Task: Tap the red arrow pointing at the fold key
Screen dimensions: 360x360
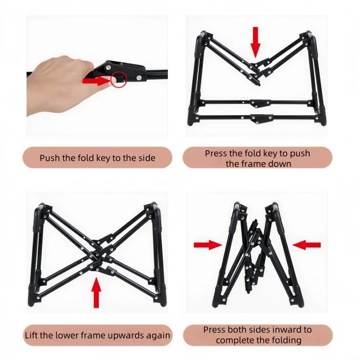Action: point(96,81)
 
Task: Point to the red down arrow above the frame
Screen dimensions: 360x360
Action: point(255,42)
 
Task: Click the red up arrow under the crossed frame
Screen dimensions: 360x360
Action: point(96,292)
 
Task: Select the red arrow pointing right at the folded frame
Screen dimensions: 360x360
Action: point(208,245)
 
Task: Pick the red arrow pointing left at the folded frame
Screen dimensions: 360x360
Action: point(306,245)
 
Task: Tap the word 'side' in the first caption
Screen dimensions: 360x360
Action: point(147,158)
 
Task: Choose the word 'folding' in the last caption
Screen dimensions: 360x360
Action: point(287,341)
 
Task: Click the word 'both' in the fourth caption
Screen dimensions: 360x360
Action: point(237,330)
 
